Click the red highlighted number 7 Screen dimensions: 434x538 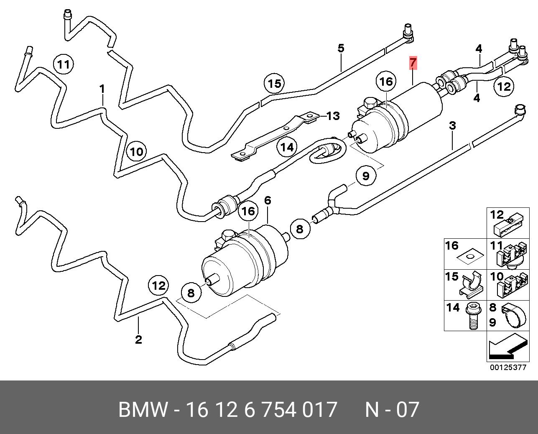coord(413,63)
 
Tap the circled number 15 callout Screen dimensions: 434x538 coord(275,84)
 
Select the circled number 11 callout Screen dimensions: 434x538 coord(64,64)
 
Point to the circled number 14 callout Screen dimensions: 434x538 coord(287,147)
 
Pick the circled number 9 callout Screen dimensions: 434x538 coord(366,176)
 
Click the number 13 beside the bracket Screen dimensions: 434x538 coord(333,116)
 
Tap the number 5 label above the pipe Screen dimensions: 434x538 coord(341,48)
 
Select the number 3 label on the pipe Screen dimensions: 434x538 coord(452,125)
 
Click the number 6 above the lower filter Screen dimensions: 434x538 coord(268,200)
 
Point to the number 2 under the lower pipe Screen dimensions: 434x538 coord(138,339)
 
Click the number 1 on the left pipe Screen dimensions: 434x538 coord(102,89)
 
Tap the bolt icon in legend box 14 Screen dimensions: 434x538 coord(473,317)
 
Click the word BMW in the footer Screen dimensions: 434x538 coord(143,410)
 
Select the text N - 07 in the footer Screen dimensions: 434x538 coord(392,410)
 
